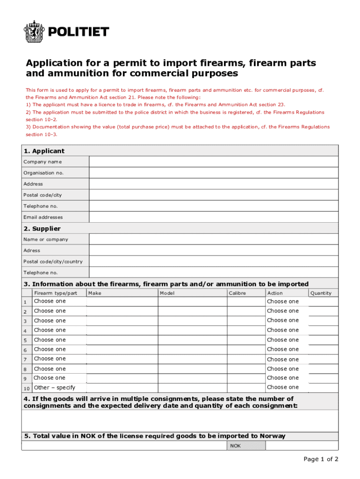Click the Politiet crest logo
(x=34, y=32)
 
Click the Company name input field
(x=213, y=162)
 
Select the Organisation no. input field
(x=213, y=173)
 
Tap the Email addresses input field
(x=213, y=217)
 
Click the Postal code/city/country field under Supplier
(x=213, y=261)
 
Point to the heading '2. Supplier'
(x=42, y=229)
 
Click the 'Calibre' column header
(x=238, y=293)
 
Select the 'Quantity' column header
(x=321, y=293)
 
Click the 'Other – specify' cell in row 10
(x=55, y=388)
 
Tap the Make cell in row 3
(x=122, y=321)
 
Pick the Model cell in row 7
(x=192, y=359)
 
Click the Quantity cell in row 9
(x=323, y=378)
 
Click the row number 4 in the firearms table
(x=25, y=331)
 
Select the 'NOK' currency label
(x=235, y=446)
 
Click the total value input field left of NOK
(x=124, y=446)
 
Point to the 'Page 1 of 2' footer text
(x=321, y=459)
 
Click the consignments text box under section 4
(x=180, y=421)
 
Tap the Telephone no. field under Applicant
(x=213, y=206)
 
